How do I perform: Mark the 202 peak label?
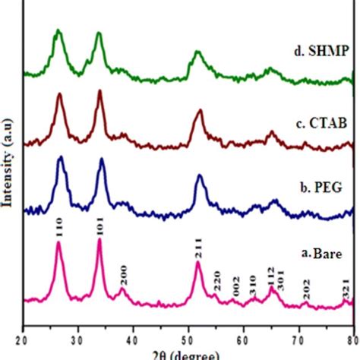[x=305, y=291]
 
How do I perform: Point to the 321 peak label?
[x=345, y=289]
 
